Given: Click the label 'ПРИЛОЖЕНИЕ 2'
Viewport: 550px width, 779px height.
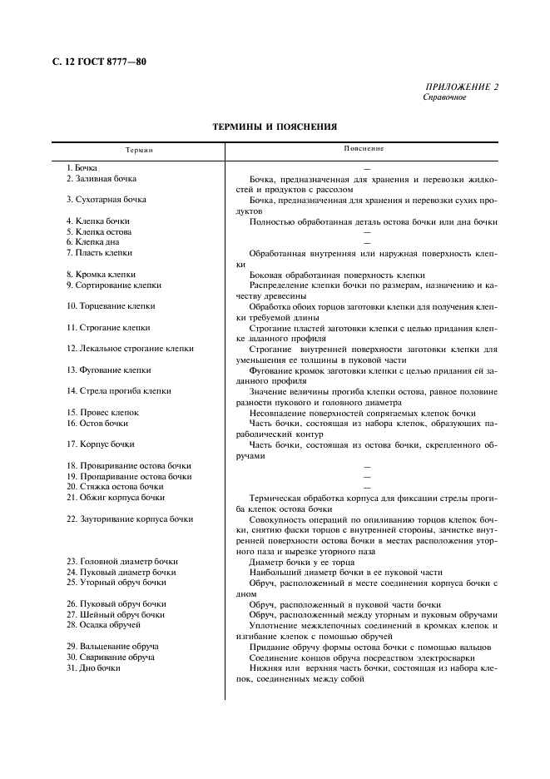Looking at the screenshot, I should (462, 87).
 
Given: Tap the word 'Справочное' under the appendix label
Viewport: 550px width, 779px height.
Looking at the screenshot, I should (445, 97).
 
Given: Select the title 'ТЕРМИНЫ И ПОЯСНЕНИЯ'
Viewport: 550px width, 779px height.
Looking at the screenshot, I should (275, 127).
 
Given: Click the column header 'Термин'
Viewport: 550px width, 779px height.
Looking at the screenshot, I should (140, 150).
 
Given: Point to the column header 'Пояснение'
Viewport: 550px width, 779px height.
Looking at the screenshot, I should (364, 149).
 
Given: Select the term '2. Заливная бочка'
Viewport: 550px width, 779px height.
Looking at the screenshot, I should (101, 179).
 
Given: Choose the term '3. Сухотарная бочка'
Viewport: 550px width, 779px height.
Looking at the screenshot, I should (106, 200).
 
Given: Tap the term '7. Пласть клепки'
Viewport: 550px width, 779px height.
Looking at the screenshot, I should (99, 253).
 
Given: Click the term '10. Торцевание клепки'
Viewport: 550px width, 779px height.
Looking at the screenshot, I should (111, 306).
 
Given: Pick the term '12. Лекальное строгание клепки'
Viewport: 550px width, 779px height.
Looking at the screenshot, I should (130, 349).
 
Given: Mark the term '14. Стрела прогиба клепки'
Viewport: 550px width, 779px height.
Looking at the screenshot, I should (119, 391).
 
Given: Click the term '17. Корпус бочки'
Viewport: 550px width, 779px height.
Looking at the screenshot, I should (100, 444).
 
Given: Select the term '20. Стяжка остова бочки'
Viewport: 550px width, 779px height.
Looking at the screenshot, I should (115, 487).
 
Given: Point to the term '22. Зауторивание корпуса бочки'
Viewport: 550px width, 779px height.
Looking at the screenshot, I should (130, 519).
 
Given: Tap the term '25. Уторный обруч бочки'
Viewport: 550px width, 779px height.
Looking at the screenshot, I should (116, 583).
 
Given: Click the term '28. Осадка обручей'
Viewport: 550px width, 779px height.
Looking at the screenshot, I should (103, 625).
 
